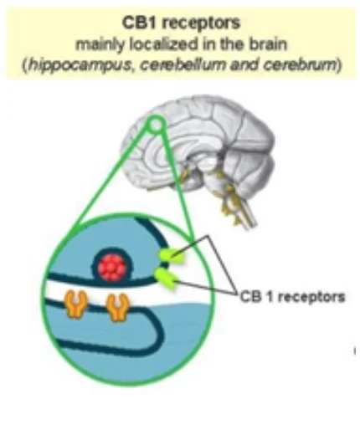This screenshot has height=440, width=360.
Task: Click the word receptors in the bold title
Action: [201, 24]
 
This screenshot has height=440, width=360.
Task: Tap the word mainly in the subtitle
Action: [100, 45]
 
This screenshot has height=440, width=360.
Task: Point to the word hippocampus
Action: [80, 65]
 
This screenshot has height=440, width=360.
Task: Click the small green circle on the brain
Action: [156, 124]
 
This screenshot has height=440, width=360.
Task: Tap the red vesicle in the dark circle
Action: [111, 267]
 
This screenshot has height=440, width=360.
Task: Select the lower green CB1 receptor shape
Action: [167, 277]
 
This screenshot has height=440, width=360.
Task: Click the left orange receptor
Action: [75, 304]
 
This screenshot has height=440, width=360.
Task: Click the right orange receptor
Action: [118, 307]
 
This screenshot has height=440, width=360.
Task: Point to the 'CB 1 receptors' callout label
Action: [293, 297]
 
